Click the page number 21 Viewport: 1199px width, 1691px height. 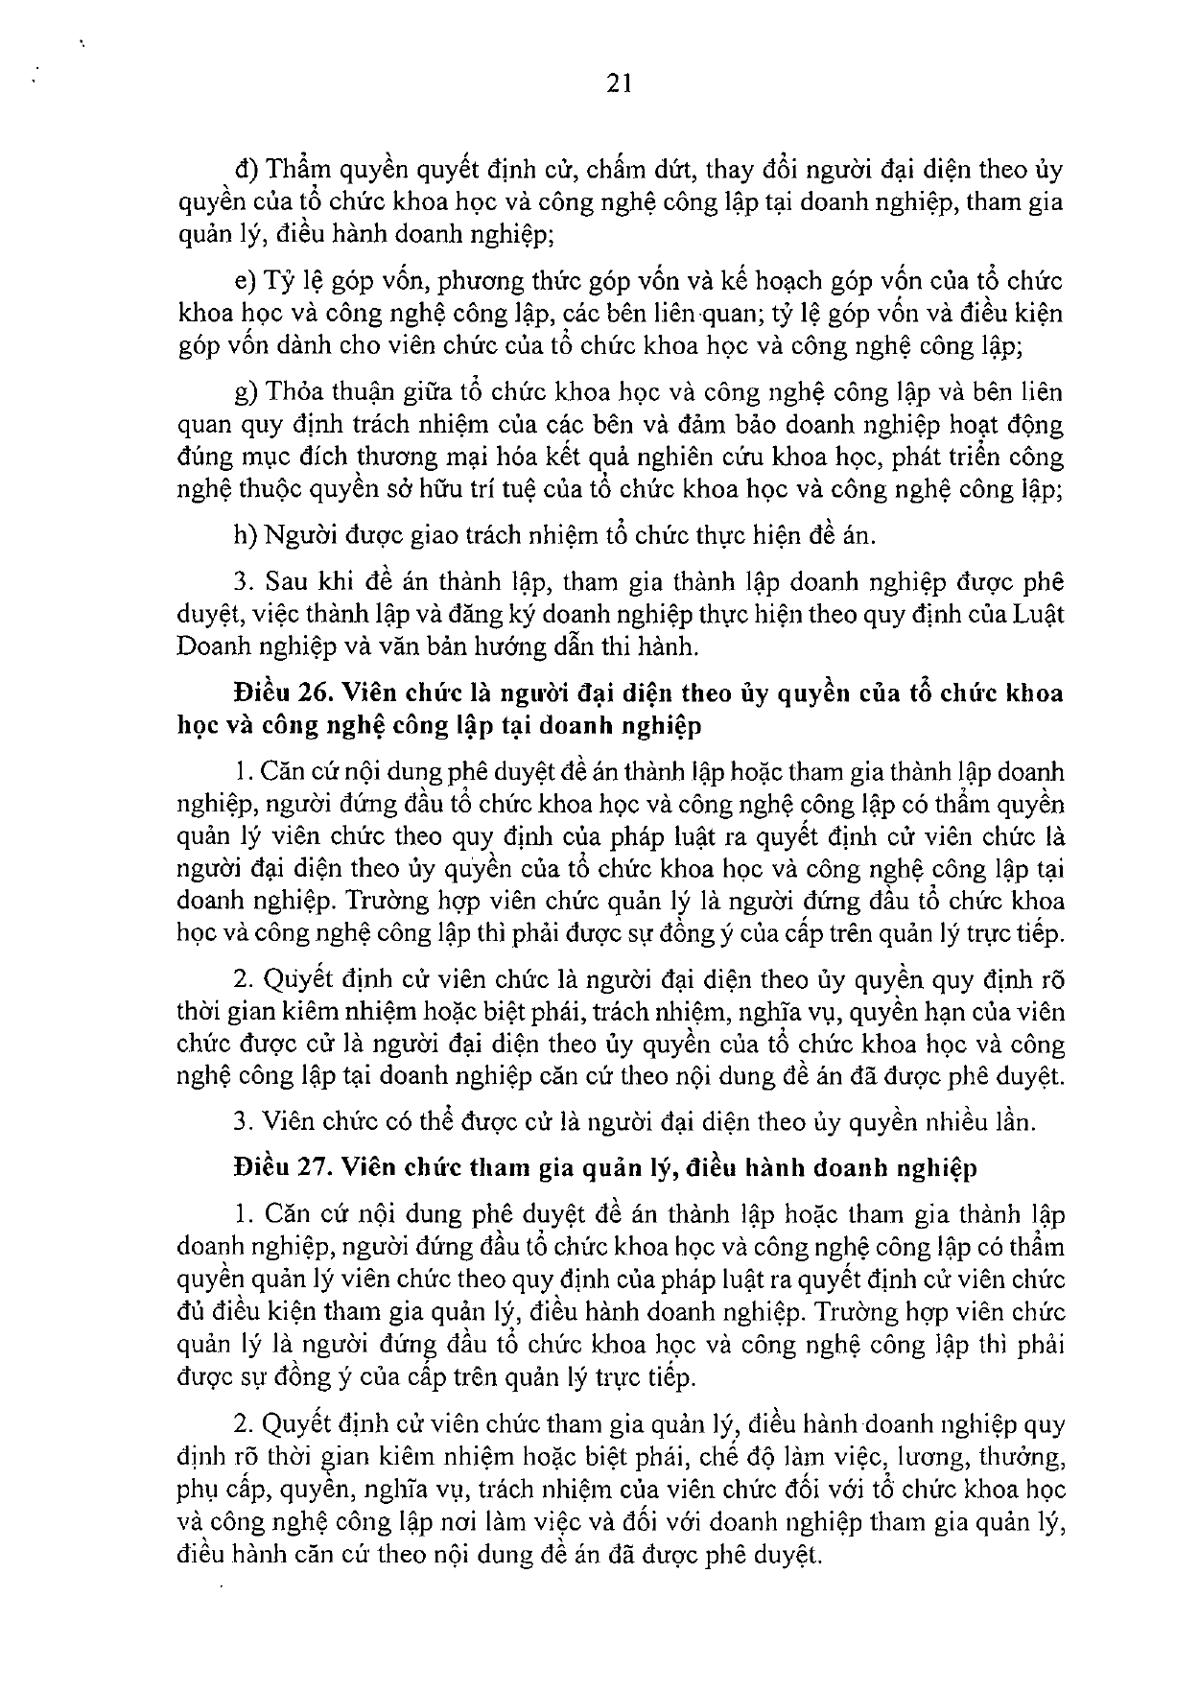pyautogui.click(x=619, y=85)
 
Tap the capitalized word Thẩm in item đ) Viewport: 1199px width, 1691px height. pyautogui.click(x=297, y=171)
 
